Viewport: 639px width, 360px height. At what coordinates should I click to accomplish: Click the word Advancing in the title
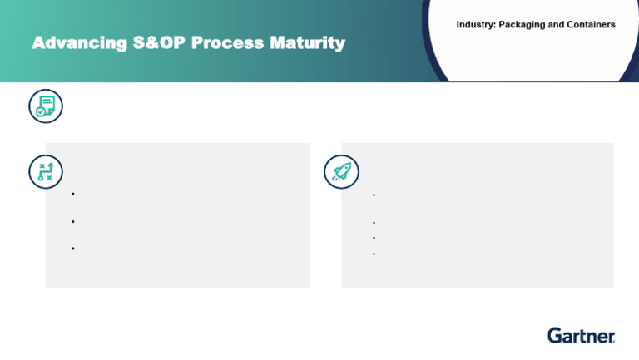coord(78,43)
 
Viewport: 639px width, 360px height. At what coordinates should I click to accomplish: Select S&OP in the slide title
coord(159,43)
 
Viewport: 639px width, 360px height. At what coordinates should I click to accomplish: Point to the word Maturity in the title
coord(309,43)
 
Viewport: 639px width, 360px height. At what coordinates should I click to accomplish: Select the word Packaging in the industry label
coord(523,25)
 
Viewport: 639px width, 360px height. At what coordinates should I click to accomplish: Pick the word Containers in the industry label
coord(591,25)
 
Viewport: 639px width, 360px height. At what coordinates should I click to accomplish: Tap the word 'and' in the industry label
coord(556,25)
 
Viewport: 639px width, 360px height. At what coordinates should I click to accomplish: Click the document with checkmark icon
coord(45,106)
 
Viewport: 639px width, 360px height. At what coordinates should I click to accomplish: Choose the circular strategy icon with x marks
coord(45,171)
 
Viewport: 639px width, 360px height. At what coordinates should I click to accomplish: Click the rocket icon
coord(340,171)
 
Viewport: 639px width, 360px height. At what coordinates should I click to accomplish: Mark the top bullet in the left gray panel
coord(74,195)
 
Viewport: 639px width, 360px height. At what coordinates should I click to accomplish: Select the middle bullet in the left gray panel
coord(74,222)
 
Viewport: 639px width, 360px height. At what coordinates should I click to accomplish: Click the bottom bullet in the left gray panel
coord(74,249)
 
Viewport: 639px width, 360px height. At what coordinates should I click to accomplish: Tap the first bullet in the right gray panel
coord(374,195)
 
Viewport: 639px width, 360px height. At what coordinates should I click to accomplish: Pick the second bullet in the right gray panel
coord(374,223)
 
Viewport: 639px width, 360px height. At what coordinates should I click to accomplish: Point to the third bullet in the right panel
coord(374,238)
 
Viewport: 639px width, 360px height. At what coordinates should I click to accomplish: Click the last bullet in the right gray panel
coord(374,253)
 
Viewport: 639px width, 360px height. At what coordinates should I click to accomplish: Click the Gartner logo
coord(581,335)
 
